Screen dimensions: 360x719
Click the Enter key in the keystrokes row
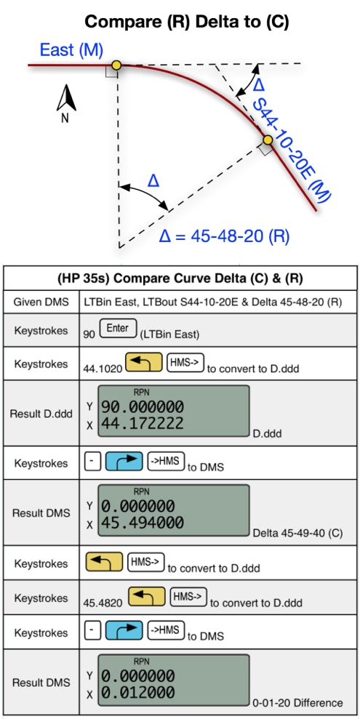119,330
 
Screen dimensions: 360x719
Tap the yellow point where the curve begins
116,65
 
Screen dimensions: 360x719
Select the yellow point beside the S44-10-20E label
268,140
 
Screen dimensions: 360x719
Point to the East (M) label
71,49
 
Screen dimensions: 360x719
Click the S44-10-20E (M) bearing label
292,150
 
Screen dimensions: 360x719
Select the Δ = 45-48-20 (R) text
224,236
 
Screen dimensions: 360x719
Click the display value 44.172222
142,423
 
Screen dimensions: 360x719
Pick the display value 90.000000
142,406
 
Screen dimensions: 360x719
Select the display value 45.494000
142,523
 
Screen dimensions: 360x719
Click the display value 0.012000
137,692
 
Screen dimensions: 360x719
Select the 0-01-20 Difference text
297,702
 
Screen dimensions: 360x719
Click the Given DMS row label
41,302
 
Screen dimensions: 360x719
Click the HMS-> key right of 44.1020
185,362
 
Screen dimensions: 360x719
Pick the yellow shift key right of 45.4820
146,597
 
